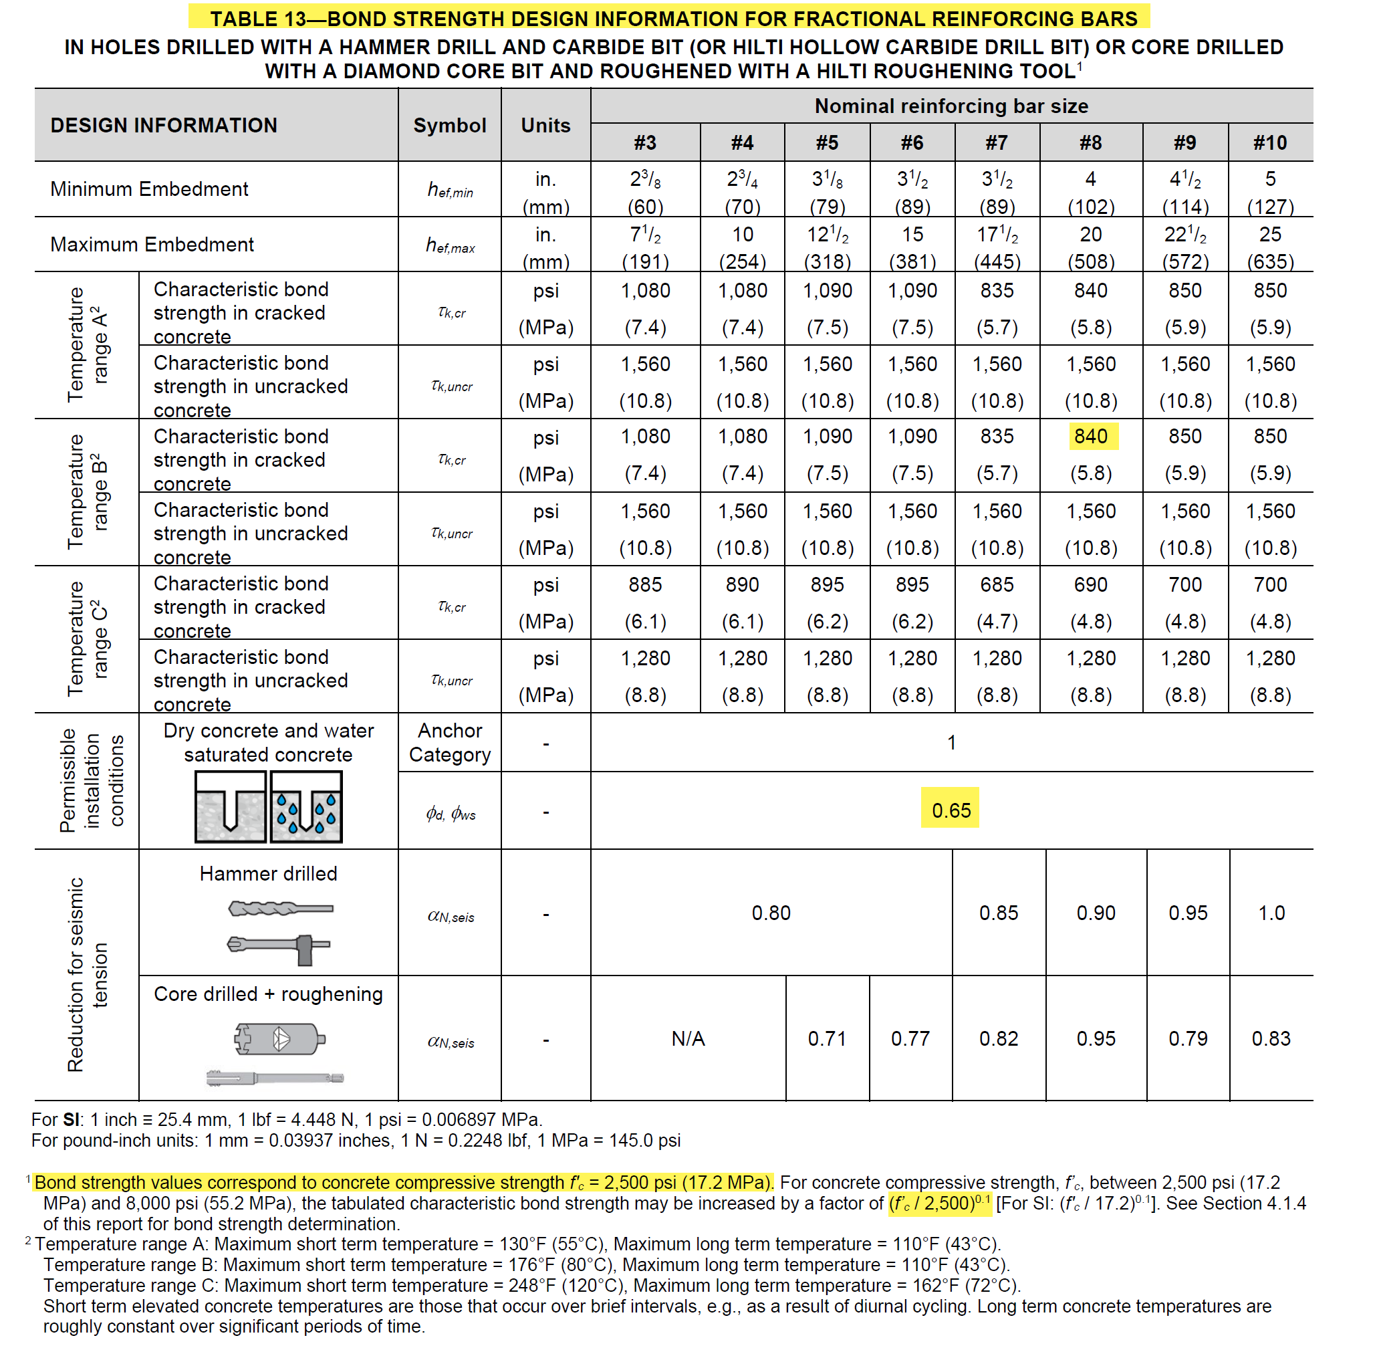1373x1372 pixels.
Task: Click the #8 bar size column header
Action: tap(1090, 143)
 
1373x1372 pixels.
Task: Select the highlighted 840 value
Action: tap(1090, 437)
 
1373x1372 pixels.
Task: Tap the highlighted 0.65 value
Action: tap(950, 810)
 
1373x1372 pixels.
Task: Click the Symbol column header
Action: tap(450, 126)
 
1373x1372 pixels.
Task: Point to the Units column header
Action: tap(545, 126)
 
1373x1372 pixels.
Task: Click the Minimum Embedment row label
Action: tap(149, 189)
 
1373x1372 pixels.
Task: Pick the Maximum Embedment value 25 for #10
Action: tap(1270, 235)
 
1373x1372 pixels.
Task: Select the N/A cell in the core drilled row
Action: tap(688, 1038)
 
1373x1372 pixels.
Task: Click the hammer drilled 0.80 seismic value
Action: tap(771, 913)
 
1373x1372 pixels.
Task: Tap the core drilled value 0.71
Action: tap(828, 1038)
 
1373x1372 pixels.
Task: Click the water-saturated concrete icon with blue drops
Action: tap(306, 808)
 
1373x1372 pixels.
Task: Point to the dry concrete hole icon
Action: tap(230, 808)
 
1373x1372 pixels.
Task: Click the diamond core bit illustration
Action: tap(279, 1039)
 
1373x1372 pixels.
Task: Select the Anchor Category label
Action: tap(450, 743)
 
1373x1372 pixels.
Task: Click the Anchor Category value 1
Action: tap(951, 743)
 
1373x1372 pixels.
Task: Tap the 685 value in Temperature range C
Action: tap(997, 585)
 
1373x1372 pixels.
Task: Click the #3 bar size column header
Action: tap(644, 143)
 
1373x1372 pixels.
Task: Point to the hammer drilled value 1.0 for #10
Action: tap(1271, 913)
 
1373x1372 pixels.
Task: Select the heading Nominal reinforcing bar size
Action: tap(951, 106)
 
